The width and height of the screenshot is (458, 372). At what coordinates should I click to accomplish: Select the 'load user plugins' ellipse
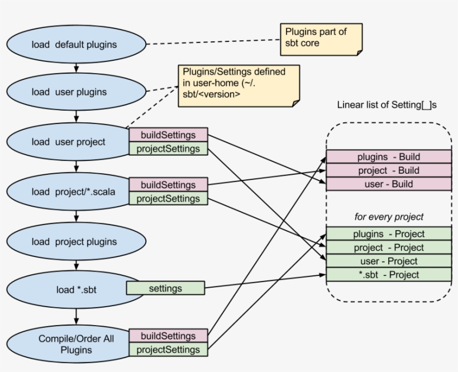pos(69,92)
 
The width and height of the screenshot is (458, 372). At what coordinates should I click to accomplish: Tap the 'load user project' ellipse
pos(68,142)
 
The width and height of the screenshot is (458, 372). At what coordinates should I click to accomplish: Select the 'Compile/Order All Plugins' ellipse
pos(68,344)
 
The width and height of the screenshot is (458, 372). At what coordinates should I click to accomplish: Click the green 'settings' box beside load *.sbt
pos(165,288)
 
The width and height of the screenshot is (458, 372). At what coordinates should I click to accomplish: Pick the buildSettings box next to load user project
pos(168,135)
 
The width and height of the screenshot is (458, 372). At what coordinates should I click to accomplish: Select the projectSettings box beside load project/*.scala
pos(168,198)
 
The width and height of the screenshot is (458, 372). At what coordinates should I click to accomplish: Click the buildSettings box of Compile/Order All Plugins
pos(168,336)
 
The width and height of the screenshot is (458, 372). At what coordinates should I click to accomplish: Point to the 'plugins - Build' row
pos(388,157)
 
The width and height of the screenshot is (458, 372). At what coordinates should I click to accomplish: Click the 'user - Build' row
pos(388,184)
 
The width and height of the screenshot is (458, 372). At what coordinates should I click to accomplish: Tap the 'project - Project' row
pos(388,247)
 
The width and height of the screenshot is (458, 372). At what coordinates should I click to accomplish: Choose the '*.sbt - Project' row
pos(388,274)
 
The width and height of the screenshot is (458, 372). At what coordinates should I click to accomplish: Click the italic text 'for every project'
pos(389,216)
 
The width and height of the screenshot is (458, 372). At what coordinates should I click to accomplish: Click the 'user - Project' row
pos(388,261)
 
